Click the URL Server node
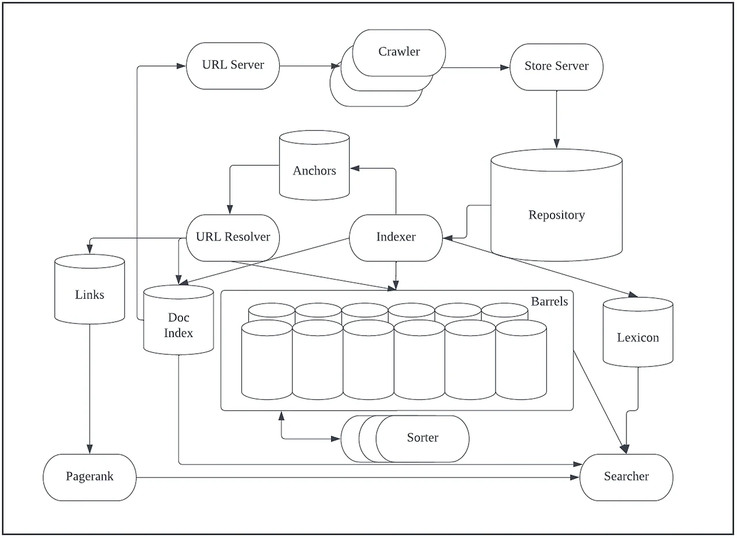click(x=233, y=66)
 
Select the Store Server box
click(x=556, y=66)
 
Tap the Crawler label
click(x=399, y=52)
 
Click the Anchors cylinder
click(x=314, y=170)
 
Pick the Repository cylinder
click(x=556, y=215)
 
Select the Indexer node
click(x=396, y=237)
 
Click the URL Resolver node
click(x=233, y=237)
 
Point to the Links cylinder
click(x=90, y=295)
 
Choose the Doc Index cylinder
click(x=178, y=325)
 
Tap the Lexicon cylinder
click(x=637, y=337)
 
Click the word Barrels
click(x=549, y=302)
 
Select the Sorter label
click(x=422, y=438)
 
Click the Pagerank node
click(x=90, y=477)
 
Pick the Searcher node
click(x=626, y=477)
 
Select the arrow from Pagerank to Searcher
click(x=357, y=477)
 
